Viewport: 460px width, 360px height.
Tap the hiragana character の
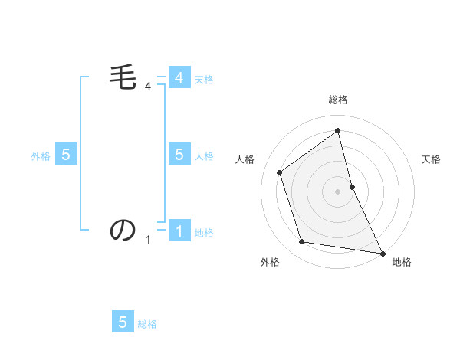point(123,230)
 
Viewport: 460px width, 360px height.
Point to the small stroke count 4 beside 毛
point(148,87)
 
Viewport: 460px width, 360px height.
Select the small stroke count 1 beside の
point(148,240)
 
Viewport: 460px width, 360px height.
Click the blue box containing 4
point(179,78)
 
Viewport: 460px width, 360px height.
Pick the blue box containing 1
point(179,231)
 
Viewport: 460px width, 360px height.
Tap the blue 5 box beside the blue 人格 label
point(179,155)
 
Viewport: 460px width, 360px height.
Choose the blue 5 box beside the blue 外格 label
point(66,155)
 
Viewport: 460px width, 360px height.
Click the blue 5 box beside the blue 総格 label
point(123,322)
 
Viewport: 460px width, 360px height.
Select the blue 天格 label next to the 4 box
point(204,80)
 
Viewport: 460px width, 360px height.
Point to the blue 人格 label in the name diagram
point(204,156)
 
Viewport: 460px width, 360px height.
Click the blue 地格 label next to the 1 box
point(204,233)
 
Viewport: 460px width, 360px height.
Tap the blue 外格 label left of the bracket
point(41,156)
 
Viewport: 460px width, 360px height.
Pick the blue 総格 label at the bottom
point(147,324)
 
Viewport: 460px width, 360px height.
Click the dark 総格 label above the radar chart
point(338,100)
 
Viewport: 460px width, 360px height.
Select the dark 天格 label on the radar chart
point(431,159)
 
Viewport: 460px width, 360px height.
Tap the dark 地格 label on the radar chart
point(402,263)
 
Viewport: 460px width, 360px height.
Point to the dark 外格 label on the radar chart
point(270,263)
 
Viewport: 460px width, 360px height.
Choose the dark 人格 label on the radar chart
point(245,159)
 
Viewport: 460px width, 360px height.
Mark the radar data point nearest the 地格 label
point(382,253)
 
